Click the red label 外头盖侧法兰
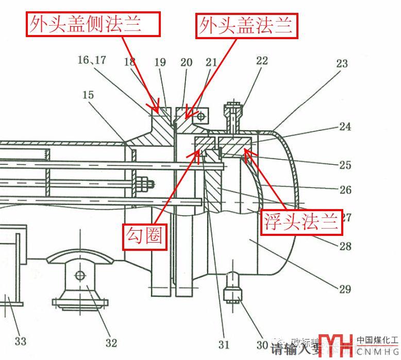click(x=93, y=24)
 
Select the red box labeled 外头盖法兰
click(x=247, y=25)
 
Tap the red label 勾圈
click(x=145, y=236)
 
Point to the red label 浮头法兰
click(x=302, y=221)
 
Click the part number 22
click(x=262, y=61)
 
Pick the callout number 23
click(x=342, y=64)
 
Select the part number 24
click(x=345, y=126)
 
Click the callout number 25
click(x=345, y=165)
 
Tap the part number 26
click(x=345, y=190)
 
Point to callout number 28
click(x=345, y=246)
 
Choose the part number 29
click(x=345, y=289)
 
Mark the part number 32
click(x=111, y=342)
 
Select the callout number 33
click(x=20, y=340)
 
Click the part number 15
click(x=88, y=95)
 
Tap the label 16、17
click(x=92, y=60)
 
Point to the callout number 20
click(x=186, y=62)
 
